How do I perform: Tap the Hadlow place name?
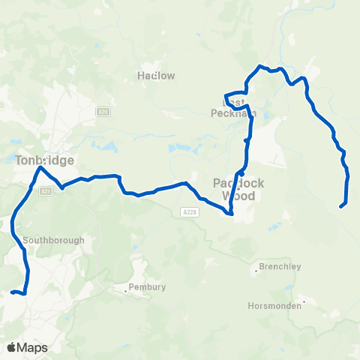[x=157, y=75]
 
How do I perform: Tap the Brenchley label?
[x=280, y=266]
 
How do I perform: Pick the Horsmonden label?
[x=274, y=305]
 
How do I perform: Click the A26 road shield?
[x=103, y=112]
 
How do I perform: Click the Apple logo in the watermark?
[x=13, y=347]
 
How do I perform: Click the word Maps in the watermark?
[x=32, y=347]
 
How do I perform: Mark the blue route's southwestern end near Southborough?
[x=12, y=292]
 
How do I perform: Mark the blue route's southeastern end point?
[x=341, y=205]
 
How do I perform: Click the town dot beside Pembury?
[x=127, y=286]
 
